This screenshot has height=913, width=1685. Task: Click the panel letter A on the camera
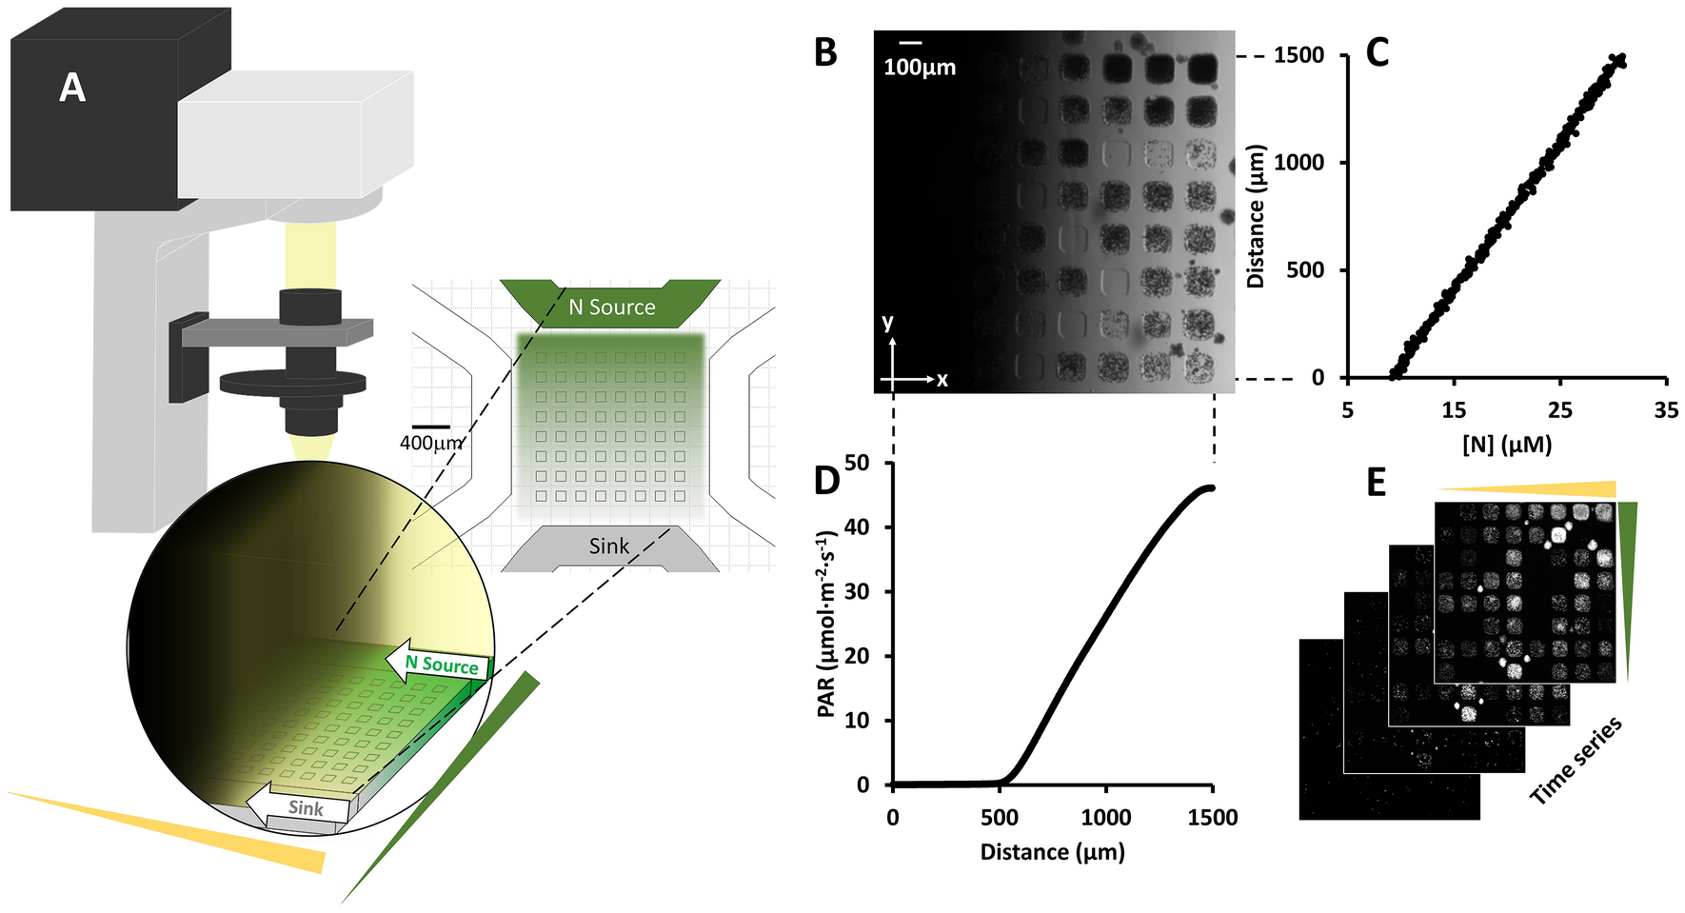[72, 89]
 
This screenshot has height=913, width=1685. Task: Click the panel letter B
[825, 52]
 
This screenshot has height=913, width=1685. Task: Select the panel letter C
[1378, 52]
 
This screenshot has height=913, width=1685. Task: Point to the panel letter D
[826, 482]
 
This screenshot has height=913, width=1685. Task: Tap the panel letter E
[1376, 483]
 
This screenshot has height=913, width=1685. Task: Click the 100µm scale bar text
[919, 68]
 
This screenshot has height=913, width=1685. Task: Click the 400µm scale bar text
[431, 443]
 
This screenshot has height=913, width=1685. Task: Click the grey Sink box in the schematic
[609, 546]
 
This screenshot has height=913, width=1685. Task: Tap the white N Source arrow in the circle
[438, 664]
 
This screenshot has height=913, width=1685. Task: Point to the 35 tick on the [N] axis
[1666, 410]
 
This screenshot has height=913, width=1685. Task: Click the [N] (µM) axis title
[1507, 444]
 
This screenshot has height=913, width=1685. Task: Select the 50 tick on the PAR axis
[856, 464]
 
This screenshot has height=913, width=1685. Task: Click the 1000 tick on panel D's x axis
[1105, 818]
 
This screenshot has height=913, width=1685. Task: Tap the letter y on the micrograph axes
[888, 322]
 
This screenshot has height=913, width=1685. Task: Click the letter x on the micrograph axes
[942, 380]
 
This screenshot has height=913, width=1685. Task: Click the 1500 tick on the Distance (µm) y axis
[1298, 55]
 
